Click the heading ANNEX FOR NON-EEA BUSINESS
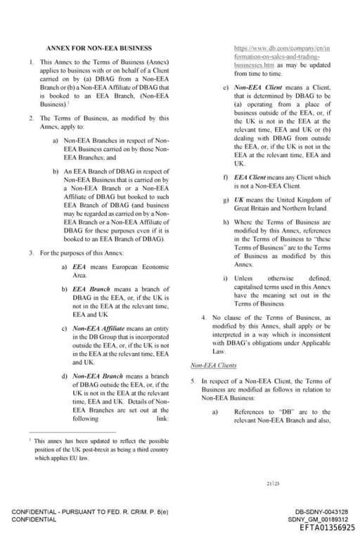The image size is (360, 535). click(x=98, y=48)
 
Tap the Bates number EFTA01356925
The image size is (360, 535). click(x=327, y=527)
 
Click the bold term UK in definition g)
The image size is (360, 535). click(x=238, y=200)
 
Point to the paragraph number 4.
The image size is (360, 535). click(x=203, y=318)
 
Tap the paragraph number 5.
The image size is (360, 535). click(x=193, y=380)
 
